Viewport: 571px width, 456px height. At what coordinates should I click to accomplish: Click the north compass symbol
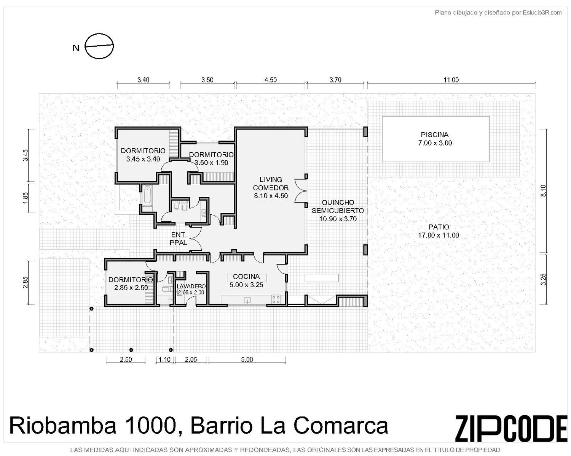pos(99,46)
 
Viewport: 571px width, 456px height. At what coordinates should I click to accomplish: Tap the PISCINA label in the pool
pos(435,135)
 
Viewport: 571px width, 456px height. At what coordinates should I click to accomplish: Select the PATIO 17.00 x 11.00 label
pos(439,231)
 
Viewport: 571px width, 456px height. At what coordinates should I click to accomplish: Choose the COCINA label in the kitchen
pos(246,277)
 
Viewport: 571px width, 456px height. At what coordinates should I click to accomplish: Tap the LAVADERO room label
pos(191,287)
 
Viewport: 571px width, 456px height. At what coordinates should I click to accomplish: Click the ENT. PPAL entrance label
pos(179,239)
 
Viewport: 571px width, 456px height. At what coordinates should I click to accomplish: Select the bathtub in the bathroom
pos(147,196)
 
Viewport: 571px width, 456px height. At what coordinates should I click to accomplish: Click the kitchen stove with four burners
pos(276,299)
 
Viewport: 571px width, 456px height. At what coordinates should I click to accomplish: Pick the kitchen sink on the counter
pos(247,300)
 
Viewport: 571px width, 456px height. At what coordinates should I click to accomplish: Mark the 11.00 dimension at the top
pos(451,80)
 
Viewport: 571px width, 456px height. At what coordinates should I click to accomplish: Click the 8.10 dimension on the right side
pos(544,191)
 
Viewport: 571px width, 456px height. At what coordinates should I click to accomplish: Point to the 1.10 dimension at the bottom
pos(164,359)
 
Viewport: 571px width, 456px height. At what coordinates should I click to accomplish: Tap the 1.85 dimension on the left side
pos(25,197)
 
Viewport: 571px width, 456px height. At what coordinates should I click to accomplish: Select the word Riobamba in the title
pos(62,426)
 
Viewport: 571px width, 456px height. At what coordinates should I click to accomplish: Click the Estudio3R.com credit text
pos(542,13)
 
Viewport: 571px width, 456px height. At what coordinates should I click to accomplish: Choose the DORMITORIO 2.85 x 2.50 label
pos(131,283)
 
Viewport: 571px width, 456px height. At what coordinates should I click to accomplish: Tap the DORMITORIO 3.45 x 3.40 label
pos(143,155)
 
